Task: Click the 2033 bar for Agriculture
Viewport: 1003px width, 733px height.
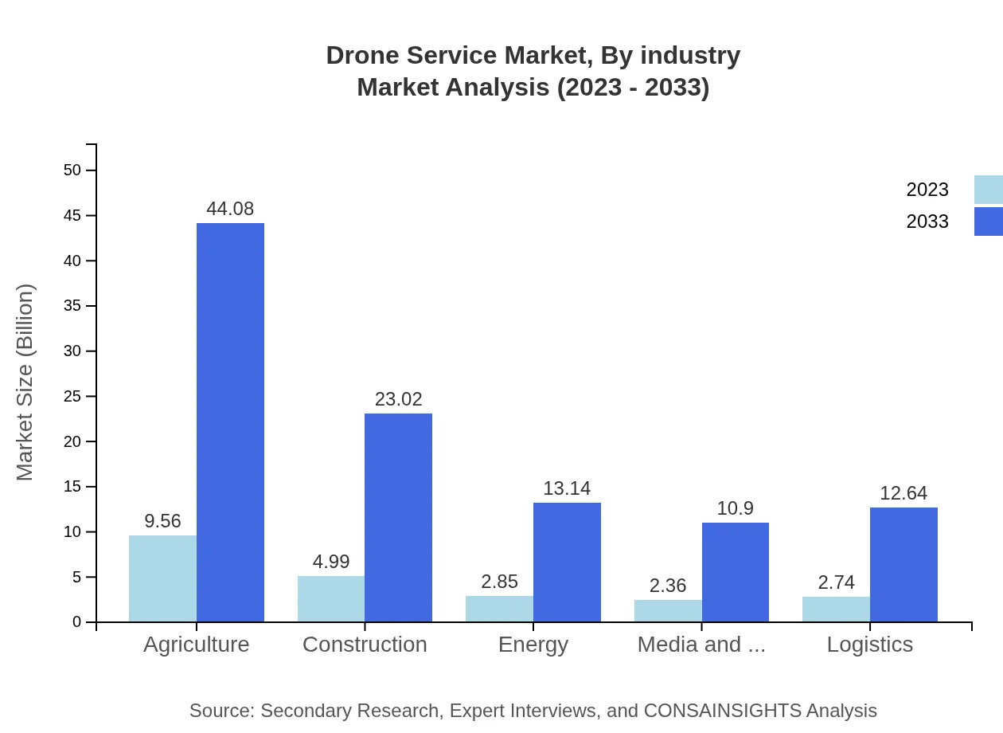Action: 230,422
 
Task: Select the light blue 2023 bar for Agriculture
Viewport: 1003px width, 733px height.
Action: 162,578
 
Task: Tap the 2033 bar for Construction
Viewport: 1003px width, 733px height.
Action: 398,518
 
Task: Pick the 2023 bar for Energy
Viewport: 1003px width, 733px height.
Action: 499,609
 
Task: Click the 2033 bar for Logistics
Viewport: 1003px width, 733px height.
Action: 903,564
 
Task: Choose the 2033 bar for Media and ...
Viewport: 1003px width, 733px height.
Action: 736,572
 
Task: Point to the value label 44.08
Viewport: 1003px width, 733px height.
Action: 230,209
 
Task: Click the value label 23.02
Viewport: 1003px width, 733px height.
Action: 398,399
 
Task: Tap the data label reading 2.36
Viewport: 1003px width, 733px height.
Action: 667,586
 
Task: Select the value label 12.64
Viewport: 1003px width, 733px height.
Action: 903,493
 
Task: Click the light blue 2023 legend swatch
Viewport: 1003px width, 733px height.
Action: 988,190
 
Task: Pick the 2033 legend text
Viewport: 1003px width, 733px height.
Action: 927,221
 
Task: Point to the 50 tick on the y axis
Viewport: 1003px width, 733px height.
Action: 72,170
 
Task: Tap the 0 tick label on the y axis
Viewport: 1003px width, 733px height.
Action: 77,621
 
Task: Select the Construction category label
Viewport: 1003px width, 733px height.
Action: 365,644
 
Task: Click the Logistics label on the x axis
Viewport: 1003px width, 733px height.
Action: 869,644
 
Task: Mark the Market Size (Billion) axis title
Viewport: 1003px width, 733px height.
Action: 25,382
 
